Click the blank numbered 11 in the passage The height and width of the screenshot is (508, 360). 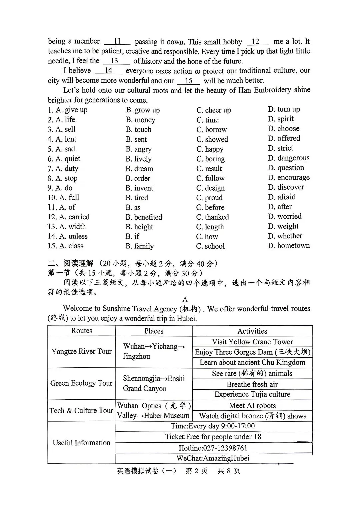(117, 42)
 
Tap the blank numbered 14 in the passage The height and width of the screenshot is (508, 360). (108, 71)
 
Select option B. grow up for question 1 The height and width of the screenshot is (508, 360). (143, 110)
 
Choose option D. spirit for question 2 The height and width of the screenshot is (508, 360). (281, 119)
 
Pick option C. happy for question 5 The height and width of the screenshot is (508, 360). (210, 149)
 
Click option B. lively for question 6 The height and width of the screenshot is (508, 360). (139, 159)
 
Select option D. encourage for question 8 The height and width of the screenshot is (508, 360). (289, 178)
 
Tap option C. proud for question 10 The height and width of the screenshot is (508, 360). (209, 198)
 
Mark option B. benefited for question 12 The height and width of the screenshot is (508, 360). (144, 217)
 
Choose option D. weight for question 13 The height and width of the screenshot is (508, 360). (283, 227)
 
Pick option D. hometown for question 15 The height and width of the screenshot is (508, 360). (289, 246)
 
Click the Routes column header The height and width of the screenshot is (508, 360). (82, 331)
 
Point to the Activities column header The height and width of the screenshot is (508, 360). (252, 331)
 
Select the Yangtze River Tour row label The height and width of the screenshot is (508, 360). (82, 351)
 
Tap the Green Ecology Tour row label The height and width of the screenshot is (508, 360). (81, 383)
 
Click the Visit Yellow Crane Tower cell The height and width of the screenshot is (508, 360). (252, 342)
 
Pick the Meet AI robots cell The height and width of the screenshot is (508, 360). (252, 406)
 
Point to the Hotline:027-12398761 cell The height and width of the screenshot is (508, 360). (213, 448)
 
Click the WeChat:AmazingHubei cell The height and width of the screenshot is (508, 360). (213, 458)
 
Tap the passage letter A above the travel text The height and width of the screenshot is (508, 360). (185, 299)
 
